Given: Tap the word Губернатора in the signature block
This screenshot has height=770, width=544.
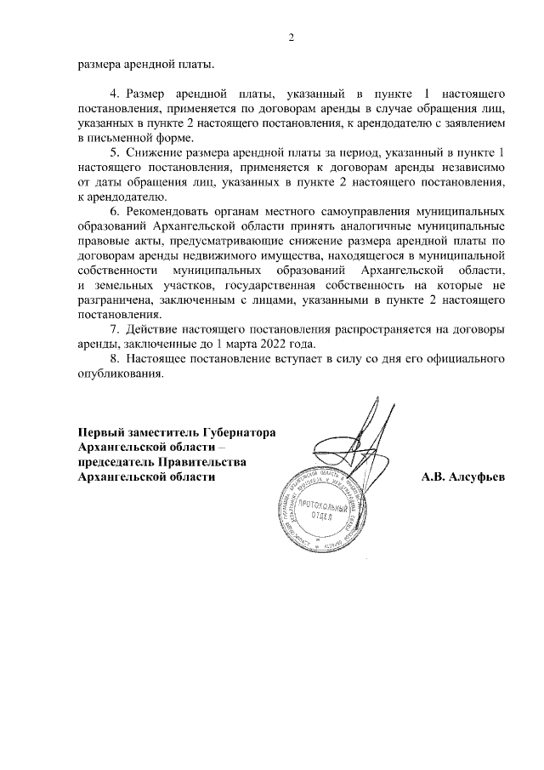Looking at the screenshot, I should point(239,432).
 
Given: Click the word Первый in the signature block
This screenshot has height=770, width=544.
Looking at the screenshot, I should point(101,432).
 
